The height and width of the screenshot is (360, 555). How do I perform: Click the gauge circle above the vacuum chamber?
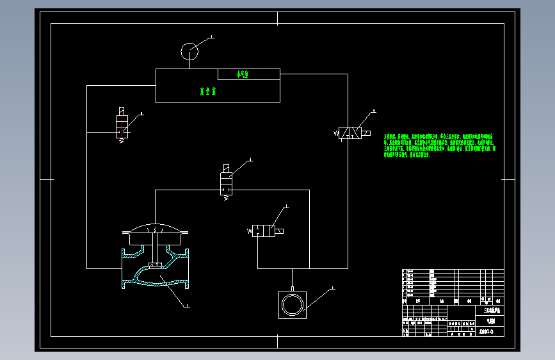point(189,51)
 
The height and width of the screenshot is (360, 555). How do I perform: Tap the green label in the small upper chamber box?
point(243,75)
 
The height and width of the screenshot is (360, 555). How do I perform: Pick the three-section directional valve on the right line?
point(351,133)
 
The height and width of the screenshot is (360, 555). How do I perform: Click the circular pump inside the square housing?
point(293,304)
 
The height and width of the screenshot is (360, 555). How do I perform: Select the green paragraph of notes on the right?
point(439,145)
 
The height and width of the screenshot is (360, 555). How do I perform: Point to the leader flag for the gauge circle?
point(211,38)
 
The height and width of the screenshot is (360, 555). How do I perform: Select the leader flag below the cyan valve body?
point(186,306)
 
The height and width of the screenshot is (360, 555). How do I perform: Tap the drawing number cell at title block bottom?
point(490,331)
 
